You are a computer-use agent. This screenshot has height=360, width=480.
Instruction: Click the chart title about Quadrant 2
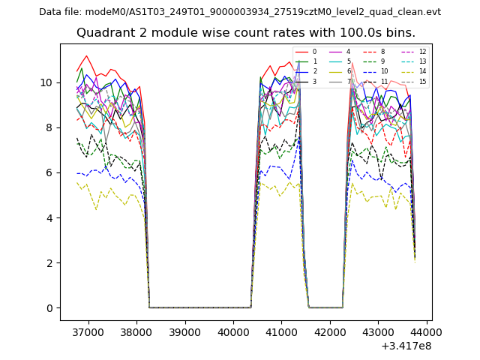(x=245, y=33)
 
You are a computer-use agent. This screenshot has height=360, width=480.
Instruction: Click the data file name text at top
(x=240, y=12)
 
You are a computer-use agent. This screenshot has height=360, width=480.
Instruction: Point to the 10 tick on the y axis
(x=46, y=82)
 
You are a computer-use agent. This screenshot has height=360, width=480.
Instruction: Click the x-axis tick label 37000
(x=88, y=331)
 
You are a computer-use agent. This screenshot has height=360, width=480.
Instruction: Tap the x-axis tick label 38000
(x=136, y=331)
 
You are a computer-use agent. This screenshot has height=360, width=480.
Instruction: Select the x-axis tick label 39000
(x=184, y=331)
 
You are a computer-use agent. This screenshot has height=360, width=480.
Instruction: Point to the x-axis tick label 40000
(x=232, y=331)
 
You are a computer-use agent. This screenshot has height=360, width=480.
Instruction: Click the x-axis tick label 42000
(x=329, y=331)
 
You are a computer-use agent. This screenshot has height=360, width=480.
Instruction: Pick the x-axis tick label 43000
(x=377, y=331)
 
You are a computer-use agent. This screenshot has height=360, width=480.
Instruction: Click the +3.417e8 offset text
(x=406, y=346)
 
